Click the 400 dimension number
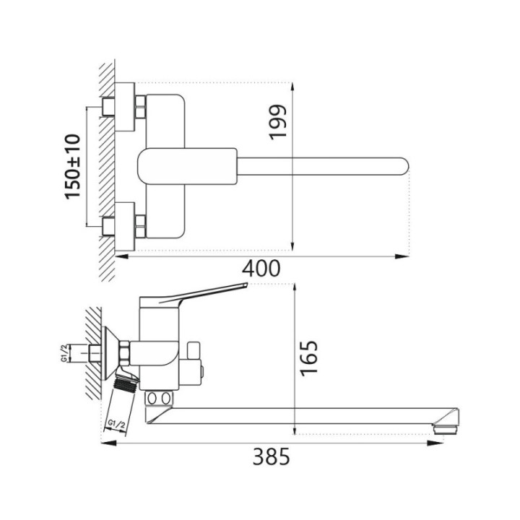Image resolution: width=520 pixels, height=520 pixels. tap(261, 269)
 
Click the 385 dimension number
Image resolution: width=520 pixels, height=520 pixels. tap(272, 456)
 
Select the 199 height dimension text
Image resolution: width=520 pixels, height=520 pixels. tap(277, 122)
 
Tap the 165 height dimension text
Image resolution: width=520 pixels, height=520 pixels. tap(309, 358)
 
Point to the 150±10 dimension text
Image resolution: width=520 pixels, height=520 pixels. tap(72, 167)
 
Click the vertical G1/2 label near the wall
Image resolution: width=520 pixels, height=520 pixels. tap(65, 353)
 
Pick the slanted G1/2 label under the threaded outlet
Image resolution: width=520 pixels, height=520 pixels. tap(116, 425)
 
